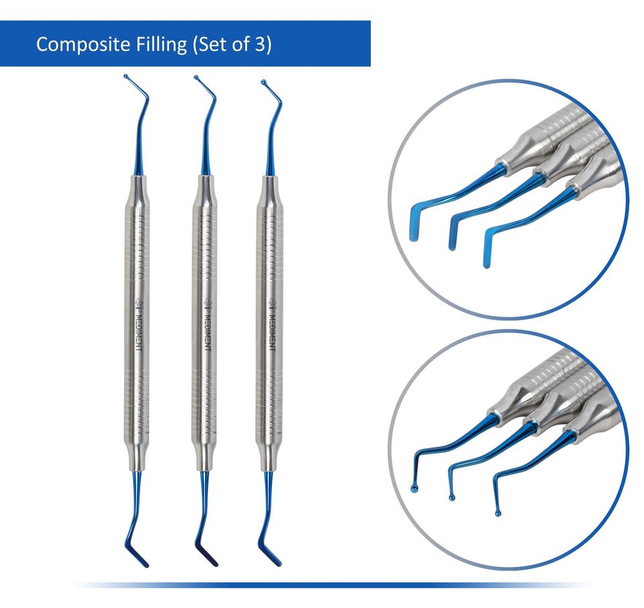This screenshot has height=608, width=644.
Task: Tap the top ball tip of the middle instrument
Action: click(x=196, y=78)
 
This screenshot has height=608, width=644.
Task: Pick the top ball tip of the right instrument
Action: click(x=263, y=83)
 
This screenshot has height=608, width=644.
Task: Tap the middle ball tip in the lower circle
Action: click(x=453, y=497)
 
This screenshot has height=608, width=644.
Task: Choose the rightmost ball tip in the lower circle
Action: click(x=497, y=514)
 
